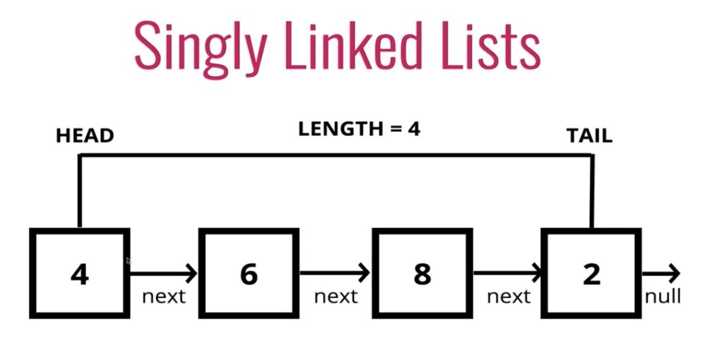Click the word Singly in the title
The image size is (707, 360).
coord(197,46)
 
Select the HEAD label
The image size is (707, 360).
coord(85,136)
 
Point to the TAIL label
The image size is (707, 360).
coord(589,136)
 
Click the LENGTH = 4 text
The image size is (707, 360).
coord(359,129)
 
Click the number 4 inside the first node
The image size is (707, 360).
coord(80,274)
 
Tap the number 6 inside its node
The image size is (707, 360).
coord(249,274)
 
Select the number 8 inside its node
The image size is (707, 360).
coord(422,274)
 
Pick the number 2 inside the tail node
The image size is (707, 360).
coord(591,274)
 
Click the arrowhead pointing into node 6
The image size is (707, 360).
coord(193,272)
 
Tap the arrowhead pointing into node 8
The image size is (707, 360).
coord(365,272)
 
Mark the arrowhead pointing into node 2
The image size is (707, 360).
coord(538,272)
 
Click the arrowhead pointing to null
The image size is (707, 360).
coord(675,272)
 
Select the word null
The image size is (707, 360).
coord(663,296)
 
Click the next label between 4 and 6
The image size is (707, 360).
coord(163,296)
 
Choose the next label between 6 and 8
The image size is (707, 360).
coord(335,296)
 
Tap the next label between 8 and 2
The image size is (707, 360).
coord(509,296)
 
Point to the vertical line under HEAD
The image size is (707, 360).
coord(80,191)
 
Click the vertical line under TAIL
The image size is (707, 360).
coord(592,191)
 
